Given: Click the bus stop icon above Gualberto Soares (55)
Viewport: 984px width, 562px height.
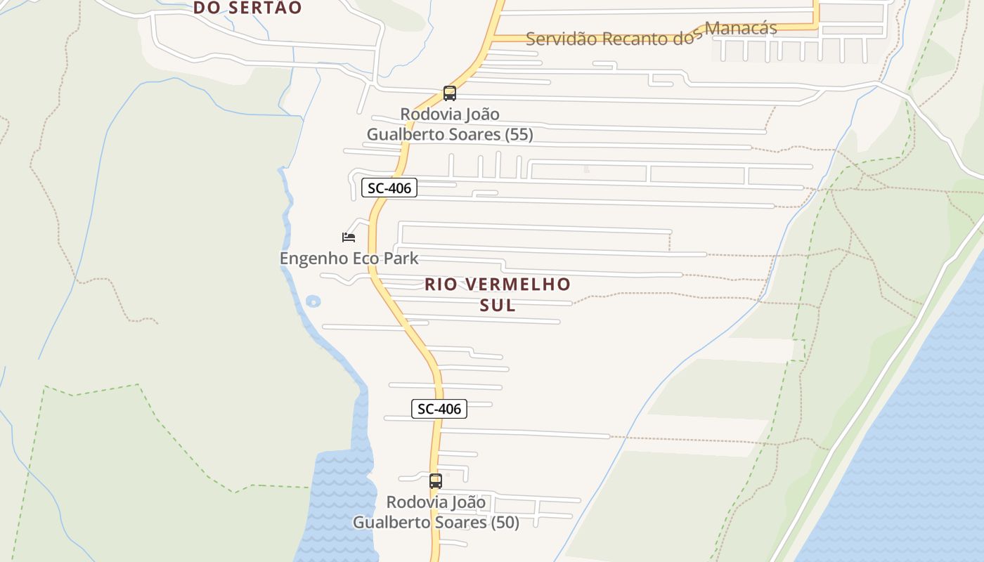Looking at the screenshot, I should (449, 93).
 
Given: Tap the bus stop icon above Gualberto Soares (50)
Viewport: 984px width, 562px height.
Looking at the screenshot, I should (435, 481).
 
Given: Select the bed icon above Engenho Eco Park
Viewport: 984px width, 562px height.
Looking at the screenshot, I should (348, 237).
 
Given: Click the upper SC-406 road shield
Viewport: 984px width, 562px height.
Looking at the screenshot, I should (389, 188).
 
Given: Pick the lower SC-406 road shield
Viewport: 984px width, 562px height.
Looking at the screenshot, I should (439, 409).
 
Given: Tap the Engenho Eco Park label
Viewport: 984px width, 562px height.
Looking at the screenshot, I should (349, 259).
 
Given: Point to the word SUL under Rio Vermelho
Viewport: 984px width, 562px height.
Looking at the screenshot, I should (498, 306).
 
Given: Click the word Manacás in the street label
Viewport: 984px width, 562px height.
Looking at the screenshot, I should (741, 29).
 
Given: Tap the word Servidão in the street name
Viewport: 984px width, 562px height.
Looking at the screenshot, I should (559, 39).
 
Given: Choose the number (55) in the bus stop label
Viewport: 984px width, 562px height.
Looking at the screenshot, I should (519, 134).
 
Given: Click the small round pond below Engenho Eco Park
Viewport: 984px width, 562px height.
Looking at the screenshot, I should (313, 301).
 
